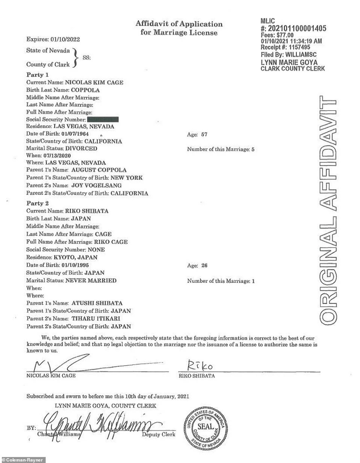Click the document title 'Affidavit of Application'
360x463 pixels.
point(179,24)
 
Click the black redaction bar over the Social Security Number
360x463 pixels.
point(103,119)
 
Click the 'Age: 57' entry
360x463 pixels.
point(197,135)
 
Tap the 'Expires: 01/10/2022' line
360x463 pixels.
point(53,39)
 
